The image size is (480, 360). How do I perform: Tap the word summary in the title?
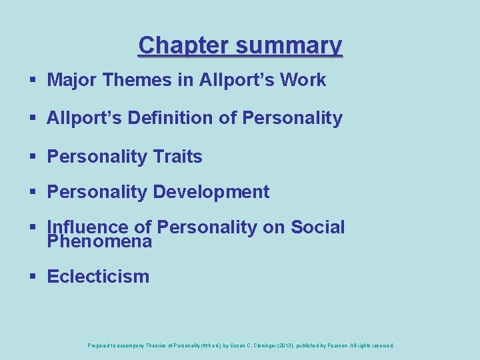[x=289, y=45]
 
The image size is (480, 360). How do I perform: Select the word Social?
[x=318, y=227]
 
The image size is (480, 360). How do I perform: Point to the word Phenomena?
[x=100, y=241]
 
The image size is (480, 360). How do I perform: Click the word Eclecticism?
[x=98, y=277]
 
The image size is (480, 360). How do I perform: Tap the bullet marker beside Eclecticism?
[x=33, y=277]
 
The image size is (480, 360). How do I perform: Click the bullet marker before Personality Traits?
[x=33, y=157]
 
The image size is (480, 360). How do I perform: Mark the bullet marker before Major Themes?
[x=33, y=80]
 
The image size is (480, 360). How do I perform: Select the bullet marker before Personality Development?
[x=33, y=193]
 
